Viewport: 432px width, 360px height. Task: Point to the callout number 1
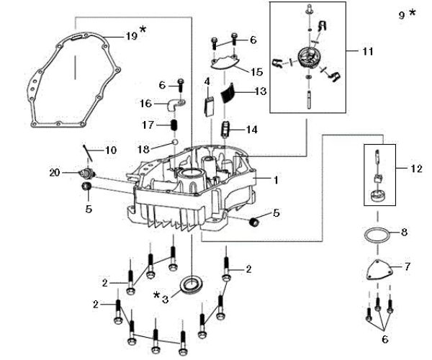tap(276, 177)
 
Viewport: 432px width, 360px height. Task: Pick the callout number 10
tap(110, 150)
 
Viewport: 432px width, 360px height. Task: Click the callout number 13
tap(261, 91)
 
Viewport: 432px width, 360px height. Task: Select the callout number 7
tap(407, 267)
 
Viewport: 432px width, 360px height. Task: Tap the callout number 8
tap(404, 232)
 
